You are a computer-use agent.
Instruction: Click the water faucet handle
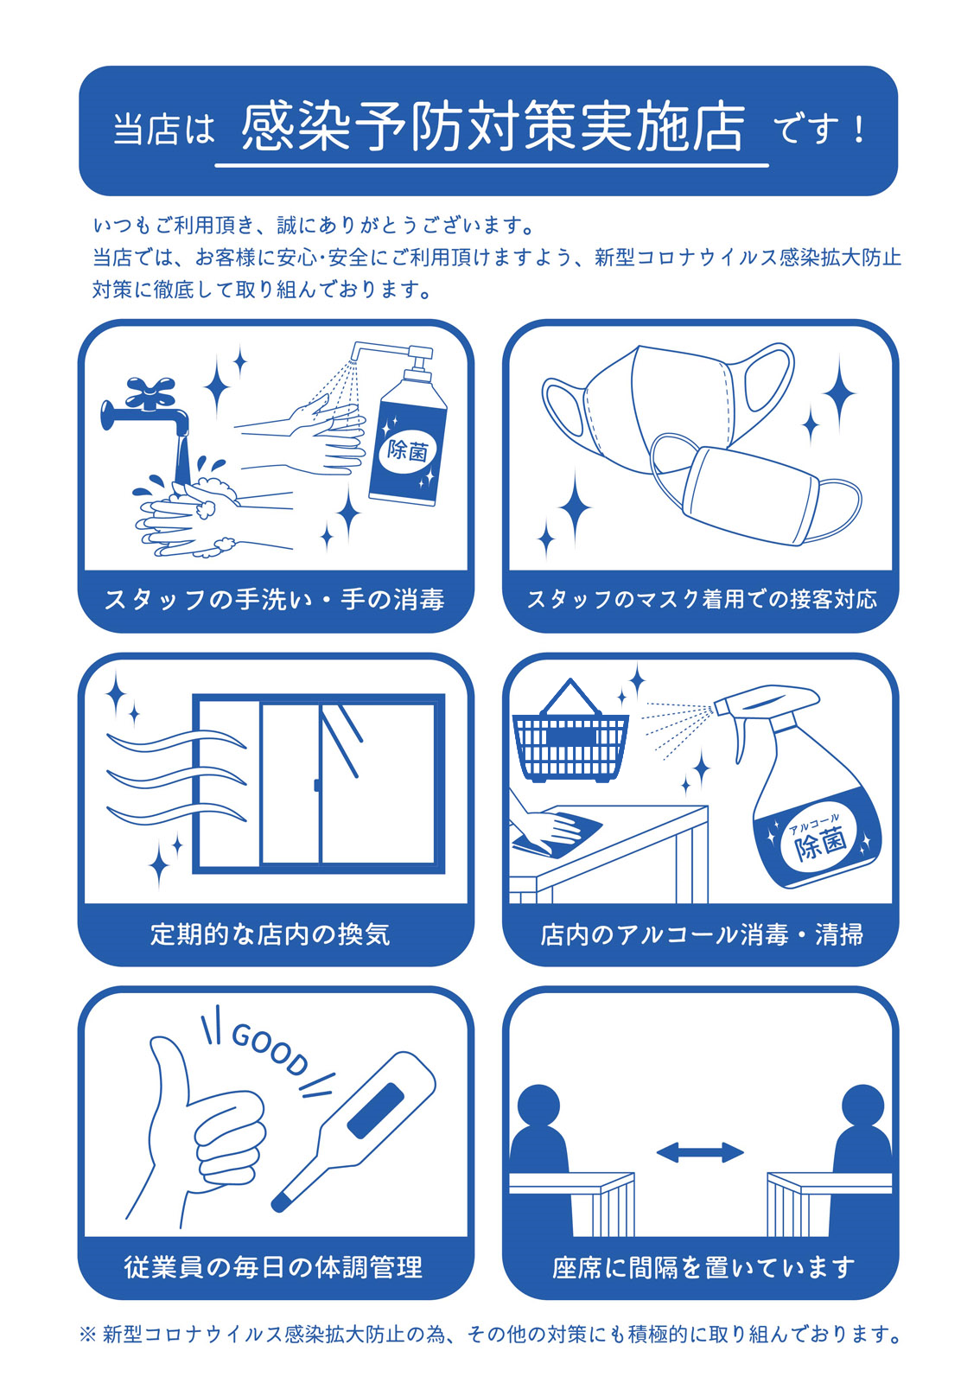(150, 392)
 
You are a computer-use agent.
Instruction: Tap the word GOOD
(270, 1048)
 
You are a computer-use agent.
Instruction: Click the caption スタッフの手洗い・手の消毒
(275, 600)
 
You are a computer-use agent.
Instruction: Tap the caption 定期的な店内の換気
(270, 934)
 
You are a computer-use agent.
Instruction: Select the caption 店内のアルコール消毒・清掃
(702, 934)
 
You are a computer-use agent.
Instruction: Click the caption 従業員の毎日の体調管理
(273, 1267)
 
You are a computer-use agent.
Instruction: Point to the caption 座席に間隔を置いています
(703, 1267)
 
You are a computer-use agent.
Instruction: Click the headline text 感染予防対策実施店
(493, 128)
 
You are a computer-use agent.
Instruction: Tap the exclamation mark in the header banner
(858, 131)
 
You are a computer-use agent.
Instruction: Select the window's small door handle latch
(316, 785)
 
